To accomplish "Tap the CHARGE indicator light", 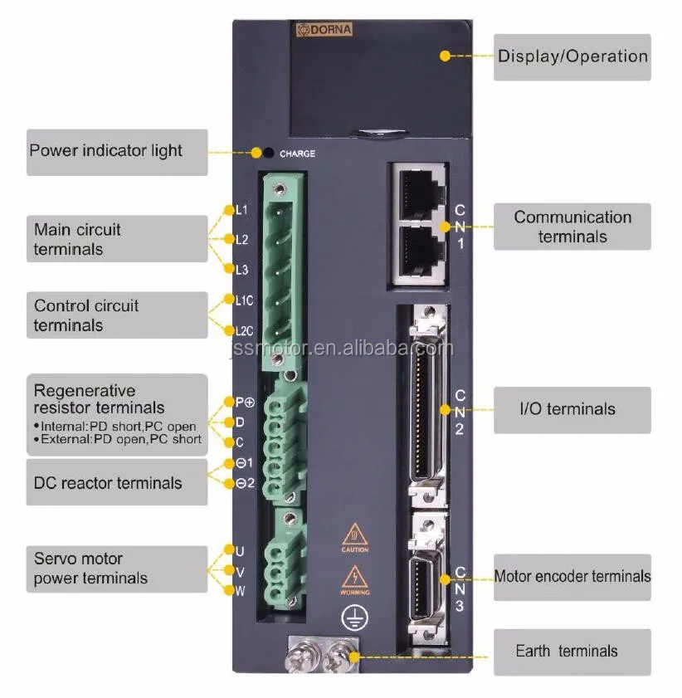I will (x=269, y=153).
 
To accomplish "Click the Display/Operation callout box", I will (x=572, y=56).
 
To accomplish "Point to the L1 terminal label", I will (x=241, y=210).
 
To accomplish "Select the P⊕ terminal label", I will (x=244, y=402).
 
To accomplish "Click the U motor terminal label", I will (x=240, y=551).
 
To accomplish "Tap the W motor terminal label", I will (x=240, y=590).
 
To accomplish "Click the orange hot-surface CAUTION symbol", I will (x=355, y=535).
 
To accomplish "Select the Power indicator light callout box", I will (x=117, y=152).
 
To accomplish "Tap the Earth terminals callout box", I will (x=572, y=652).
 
